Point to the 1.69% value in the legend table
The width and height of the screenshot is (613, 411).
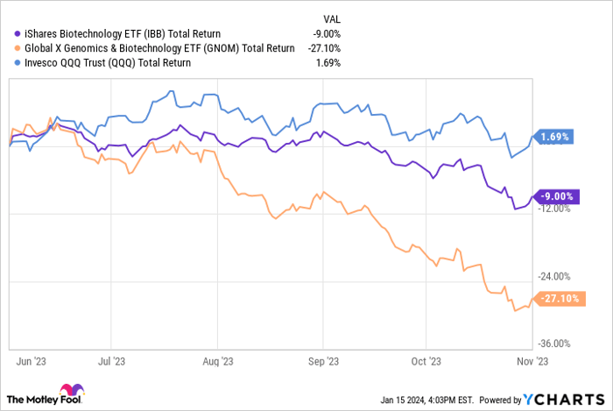(327, 62)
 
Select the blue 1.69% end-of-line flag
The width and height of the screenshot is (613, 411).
(555, 137)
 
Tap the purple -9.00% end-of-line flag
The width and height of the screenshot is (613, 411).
(555, 197)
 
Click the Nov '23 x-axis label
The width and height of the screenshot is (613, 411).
(531, 358)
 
